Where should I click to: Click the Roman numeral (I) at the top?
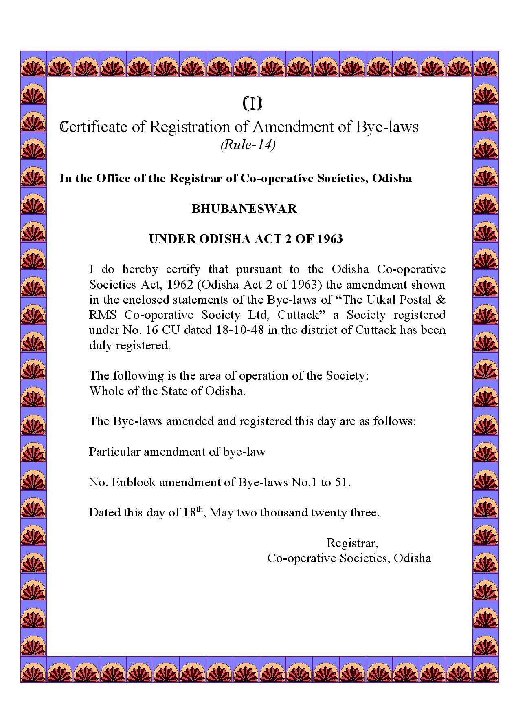pyautogui.click(x=253, y=104)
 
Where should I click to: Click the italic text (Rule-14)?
pyautogui.click(x=248, y=145)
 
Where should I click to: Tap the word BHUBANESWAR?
pyautogui.click(x=244, y=209)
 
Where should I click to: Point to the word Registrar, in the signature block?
pyautogui.click(x=353, y=543)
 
